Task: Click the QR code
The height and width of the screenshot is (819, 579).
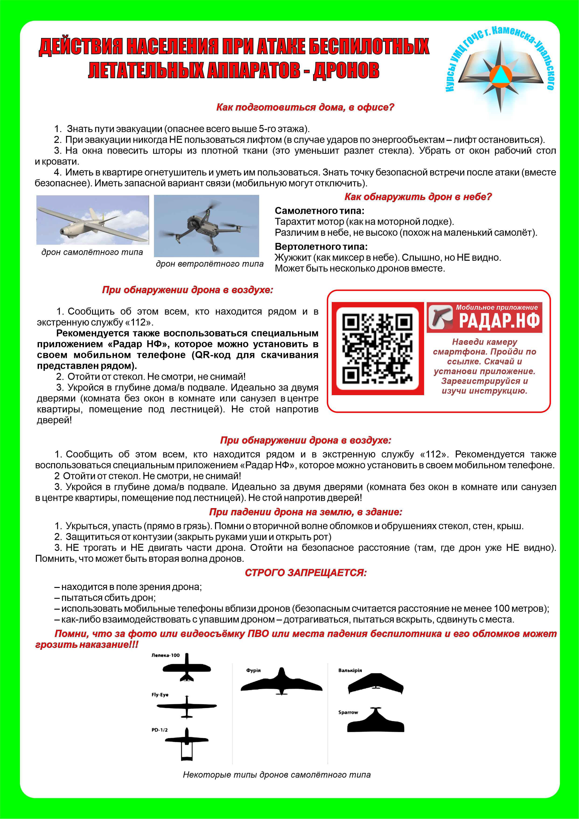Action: [x=377, y=348]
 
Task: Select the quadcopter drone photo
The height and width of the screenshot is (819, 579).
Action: [x=206, y=226]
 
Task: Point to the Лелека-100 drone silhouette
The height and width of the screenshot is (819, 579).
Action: [x=186, y=668]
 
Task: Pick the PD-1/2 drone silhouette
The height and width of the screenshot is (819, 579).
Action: [x=186, y=743]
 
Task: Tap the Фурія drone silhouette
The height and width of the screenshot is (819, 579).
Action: [x=281, y=682]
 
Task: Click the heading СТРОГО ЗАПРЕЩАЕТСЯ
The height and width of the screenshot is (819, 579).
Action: [x=306, y=573]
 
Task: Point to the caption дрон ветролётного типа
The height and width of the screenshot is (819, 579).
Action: [x=210, y=264]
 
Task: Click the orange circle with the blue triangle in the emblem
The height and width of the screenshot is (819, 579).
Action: [x=501, y=75]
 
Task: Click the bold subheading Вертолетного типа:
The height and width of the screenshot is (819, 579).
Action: [x=321, y=246]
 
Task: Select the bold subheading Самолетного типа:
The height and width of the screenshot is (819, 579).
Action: [x=319, y=211]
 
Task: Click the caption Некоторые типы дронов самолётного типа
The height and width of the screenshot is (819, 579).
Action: [x=277, y=775]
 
